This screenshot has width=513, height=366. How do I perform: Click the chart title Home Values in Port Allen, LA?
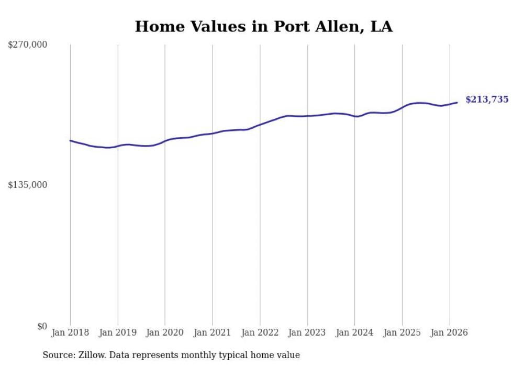[x=263, y=27]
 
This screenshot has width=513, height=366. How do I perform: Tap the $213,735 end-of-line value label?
[x=486, y=99]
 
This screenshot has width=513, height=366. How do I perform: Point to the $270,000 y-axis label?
[x=27, y=45]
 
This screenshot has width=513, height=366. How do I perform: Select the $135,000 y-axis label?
[x=27, y=185]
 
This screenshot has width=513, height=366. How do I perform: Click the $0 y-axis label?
[x=42, y=326]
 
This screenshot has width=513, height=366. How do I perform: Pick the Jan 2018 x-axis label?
[x=70, y=332]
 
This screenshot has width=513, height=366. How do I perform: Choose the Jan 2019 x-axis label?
[x=118, y=332]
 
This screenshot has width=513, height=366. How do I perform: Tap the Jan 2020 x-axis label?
[x=165, y=332]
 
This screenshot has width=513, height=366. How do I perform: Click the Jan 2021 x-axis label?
[x=213, y=332]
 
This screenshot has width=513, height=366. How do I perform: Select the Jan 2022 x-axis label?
[x=260, y=332]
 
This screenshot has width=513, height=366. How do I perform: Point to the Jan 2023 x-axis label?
[x=307, y=332]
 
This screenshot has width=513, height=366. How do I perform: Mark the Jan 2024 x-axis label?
[x=354, y=332]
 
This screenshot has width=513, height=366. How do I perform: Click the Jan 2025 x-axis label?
[x=402, y=332]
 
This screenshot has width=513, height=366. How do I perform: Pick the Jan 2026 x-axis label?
[x=449, y=332]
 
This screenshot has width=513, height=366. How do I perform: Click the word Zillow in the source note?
[x=92, y=355]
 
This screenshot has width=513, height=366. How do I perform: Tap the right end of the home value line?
[x=457, y=103]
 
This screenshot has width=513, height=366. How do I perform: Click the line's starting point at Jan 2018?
[x=70, y=140]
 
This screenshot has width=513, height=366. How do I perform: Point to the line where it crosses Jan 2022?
[x=260, y=125]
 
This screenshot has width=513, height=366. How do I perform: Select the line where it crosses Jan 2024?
[x=354, y=116]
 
